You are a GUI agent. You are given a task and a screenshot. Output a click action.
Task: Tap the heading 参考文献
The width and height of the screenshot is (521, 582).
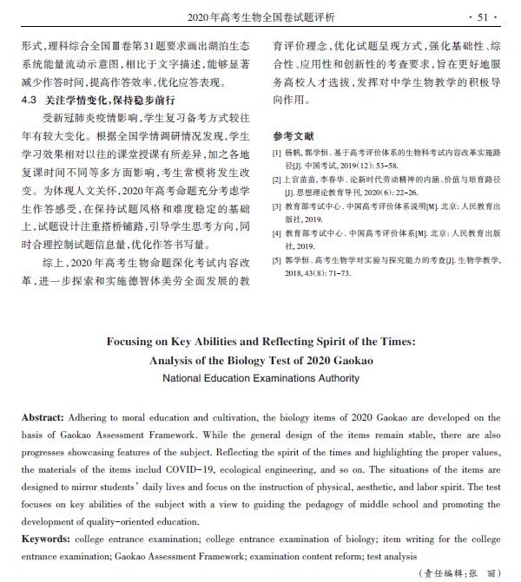[293, 136]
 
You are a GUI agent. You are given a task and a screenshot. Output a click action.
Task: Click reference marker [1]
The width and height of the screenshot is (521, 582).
[278, 153]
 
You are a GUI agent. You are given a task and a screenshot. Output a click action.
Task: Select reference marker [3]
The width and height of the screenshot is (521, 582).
[278, 207]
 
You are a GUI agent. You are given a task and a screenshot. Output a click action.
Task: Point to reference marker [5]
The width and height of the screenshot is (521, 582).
[278, 260]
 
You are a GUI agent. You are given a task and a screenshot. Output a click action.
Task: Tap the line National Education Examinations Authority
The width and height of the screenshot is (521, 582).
[260, 378]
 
